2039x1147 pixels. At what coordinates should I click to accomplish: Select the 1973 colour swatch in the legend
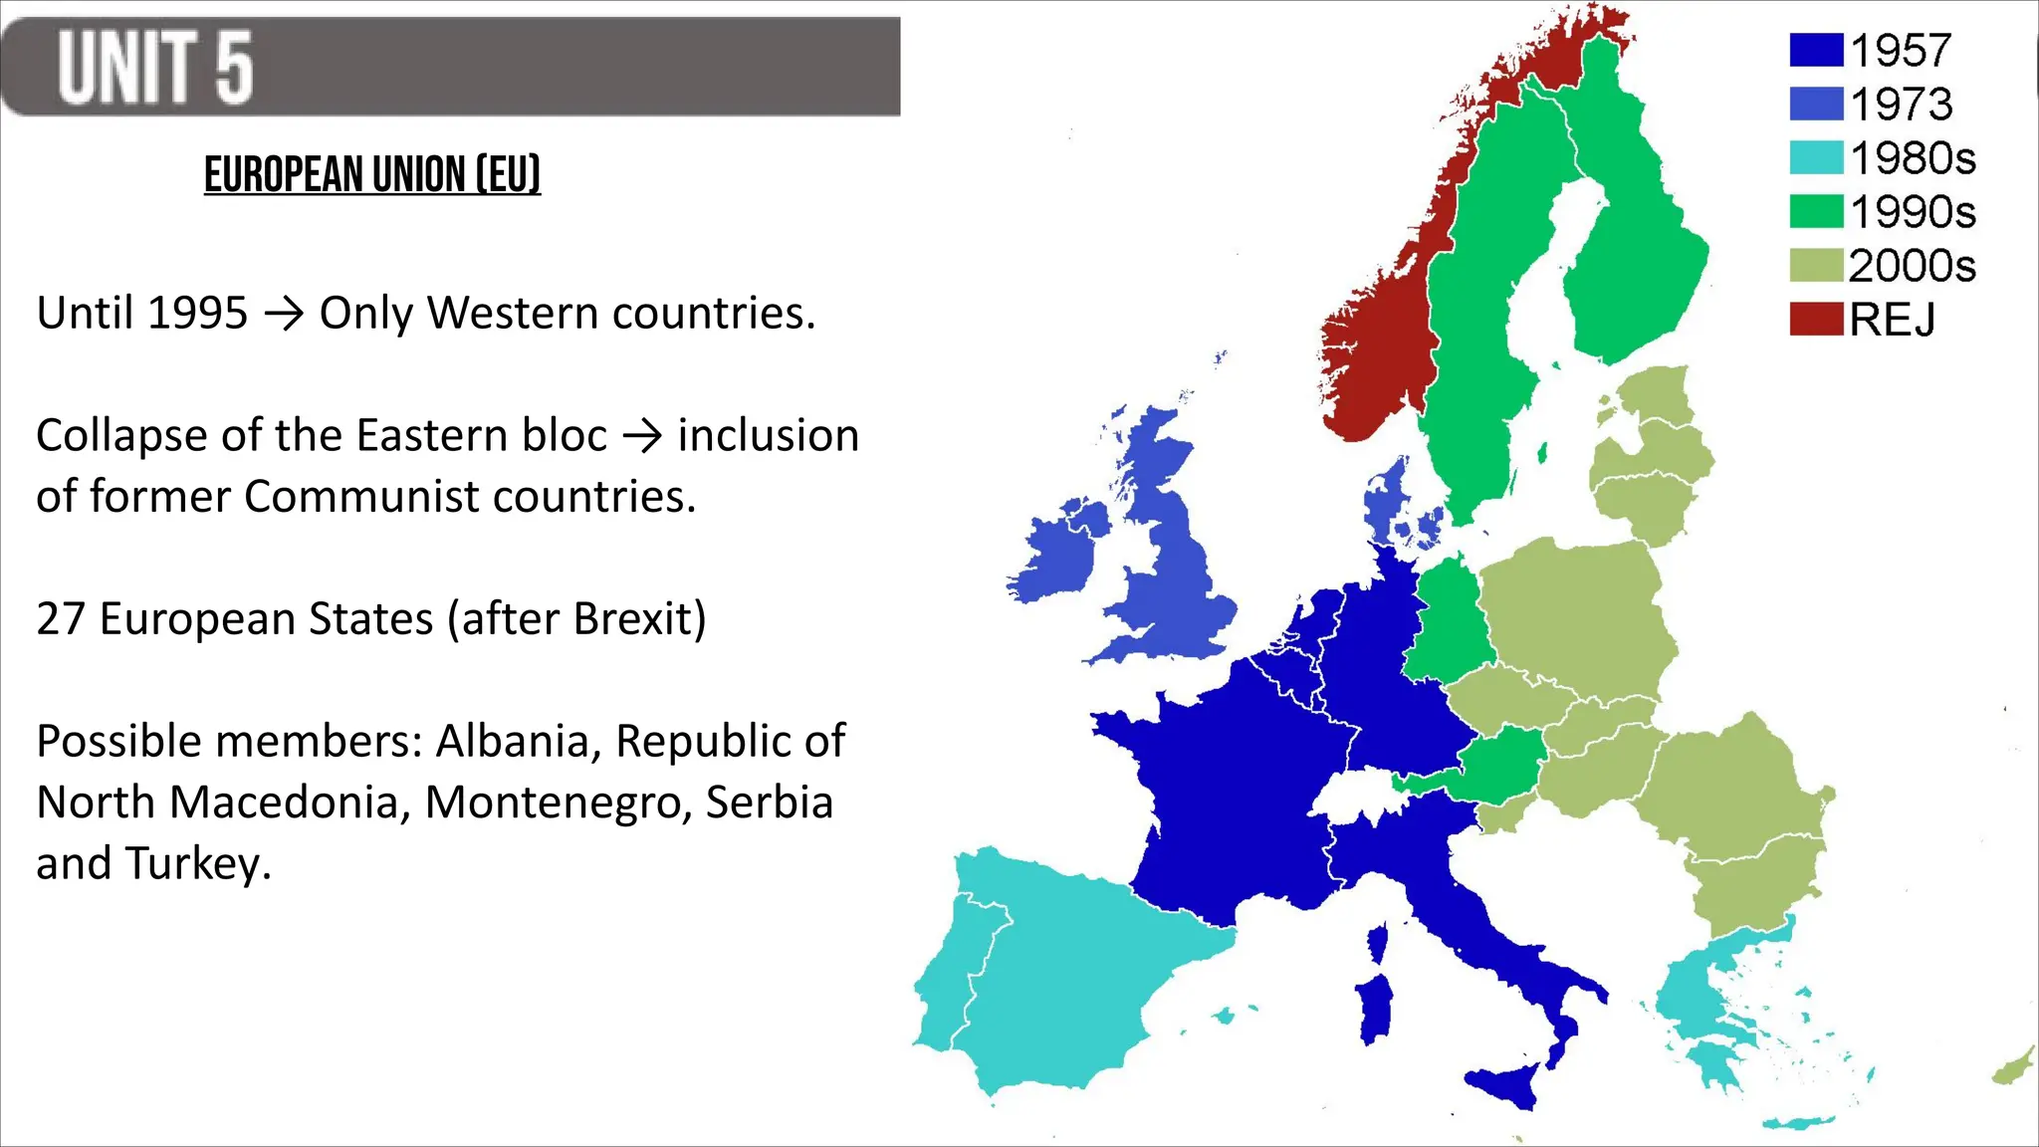coord(1815,105)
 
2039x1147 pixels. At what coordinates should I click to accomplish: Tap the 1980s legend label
coord(1913,158)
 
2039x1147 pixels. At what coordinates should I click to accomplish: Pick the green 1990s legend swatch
coord(1815,212)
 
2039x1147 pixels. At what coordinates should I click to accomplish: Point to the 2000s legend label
coord(1912,266)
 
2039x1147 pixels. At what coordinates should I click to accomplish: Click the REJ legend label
coord(1892,320)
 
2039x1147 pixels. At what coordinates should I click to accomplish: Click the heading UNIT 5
coord(155,68)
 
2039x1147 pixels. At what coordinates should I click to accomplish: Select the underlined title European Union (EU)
coord(372,175)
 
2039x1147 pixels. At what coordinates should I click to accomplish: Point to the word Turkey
coord(197,864)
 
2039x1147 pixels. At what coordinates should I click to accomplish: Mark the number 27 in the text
coord(60,619)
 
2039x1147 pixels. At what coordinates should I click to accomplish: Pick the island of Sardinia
coord(1376,1008)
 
